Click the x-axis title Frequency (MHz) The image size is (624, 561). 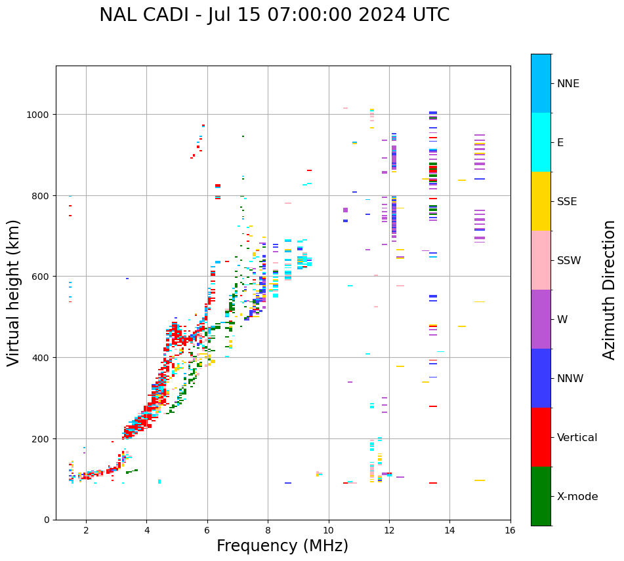pyautogui.click(x=282, y=546)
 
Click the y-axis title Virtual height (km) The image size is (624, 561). pyautogui.click(x=14, y=292)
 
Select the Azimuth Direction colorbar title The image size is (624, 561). pyautogui.click(x=610, y=290)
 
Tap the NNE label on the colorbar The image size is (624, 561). pyautogui.click(x=568, y=84)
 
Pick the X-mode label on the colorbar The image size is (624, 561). pyautogui.click(x=577, y=497)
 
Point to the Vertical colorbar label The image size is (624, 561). pyautogui.click(x=577, y=438)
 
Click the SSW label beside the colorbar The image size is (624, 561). pyautogui.click(x=569, y=261)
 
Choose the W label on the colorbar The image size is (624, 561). pyautogui.click(x=562, y=320)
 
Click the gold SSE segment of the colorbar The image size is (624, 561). pyautogui.click(x=541, y=201)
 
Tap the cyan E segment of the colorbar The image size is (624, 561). pyautogui.click(x=541, y=142)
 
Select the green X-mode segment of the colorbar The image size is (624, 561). pyautogui.click(x=541, y=496)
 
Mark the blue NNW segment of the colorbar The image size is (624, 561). pyautogui.click(x=541, y=378)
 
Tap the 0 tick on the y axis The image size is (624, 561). pyautogui.click(x=46, y=520)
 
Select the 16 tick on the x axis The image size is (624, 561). pyautogui.click(x=510, y=530)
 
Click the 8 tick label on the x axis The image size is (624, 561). pyautogui.click(x=268, y=530)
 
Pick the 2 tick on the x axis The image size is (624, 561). pyautogui.click(x=86, y=530)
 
